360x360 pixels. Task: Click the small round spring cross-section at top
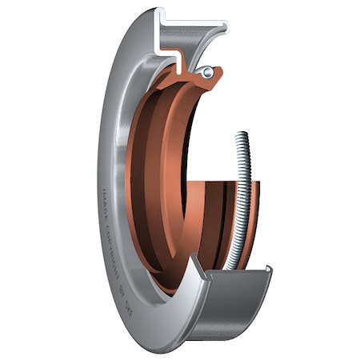[208, 73]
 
